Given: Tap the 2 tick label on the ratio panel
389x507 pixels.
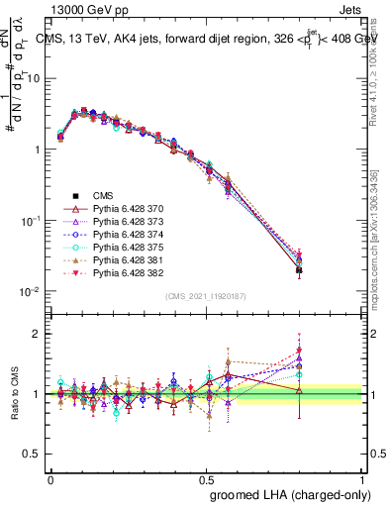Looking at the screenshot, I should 36,334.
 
